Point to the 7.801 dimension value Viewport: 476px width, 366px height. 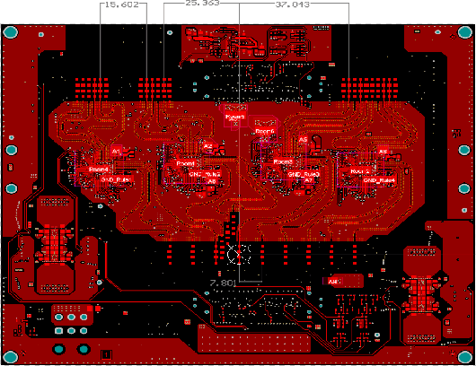point(222,283)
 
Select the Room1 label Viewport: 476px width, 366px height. point(100,168)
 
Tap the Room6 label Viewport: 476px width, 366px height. point(265,131)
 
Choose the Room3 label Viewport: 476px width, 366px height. point(285,162)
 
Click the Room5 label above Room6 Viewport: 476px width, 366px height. point(234,117)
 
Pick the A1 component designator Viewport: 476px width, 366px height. point(116,150)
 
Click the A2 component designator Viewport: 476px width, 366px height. point(207,145)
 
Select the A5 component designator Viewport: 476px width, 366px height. point(304,140)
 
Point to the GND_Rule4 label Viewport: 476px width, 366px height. point(379,179)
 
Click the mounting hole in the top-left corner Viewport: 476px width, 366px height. point(11,32)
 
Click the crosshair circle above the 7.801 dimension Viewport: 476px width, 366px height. point(236,254)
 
